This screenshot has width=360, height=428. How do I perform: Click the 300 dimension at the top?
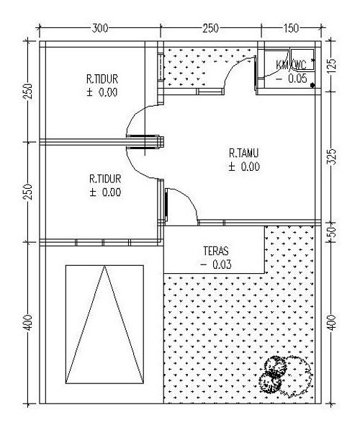[x=100, y=28]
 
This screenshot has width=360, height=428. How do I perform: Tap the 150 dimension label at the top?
[x=291, y=28]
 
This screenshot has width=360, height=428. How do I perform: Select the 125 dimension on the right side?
[x=332, y=64]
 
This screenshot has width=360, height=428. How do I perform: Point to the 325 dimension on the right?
[x=332, y=157]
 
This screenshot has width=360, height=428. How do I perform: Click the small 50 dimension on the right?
[x=332, y=232]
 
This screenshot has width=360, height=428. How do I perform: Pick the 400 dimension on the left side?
[x=28, y=323]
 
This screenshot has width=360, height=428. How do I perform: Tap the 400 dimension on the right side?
[x=332, y=323]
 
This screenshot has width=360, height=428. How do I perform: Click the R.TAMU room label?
[x=243, y=153]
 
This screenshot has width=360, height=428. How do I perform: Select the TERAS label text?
[x=216, y=251]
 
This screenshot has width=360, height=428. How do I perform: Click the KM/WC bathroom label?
[x=291, y=66]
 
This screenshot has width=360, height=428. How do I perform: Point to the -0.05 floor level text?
[x=292, y=79]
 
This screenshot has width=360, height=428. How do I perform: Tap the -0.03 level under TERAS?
[x=216, y=264]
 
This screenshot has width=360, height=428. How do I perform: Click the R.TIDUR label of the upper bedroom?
[x=102, y=79]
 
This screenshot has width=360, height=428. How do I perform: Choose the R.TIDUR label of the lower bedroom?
[x=105, y=179]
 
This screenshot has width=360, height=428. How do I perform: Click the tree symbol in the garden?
[x=285, y=375]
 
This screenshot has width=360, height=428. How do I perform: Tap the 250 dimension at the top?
[x=210, y=28]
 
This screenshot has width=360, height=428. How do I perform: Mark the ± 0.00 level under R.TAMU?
[x=244, y=166]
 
